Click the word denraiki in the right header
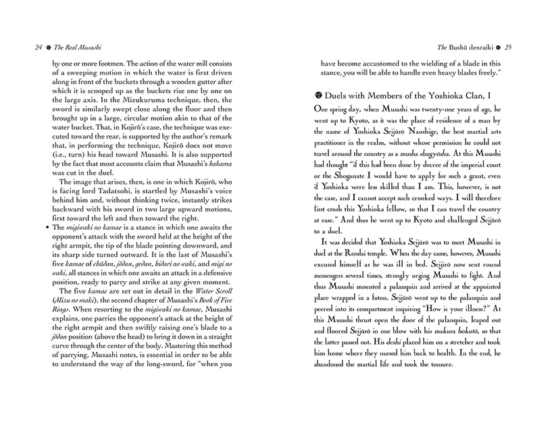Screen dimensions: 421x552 click(478, 48)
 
